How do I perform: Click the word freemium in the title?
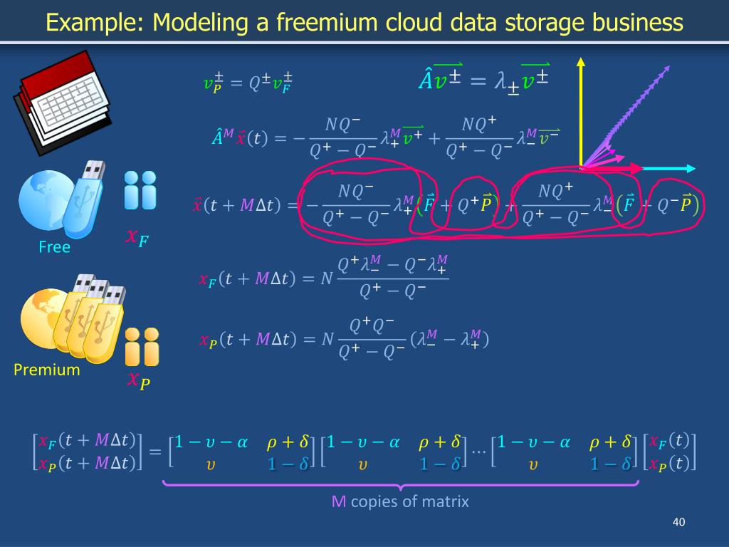308,23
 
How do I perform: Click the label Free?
55,247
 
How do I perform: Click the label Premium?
47,370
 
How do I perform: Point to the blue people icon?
140,189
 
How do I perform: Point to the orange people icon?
142,347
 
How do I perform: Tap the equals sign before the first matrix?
154,452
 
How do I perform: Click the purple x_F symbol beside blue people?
137,237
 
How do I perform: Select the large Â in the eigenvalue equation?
425,80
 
